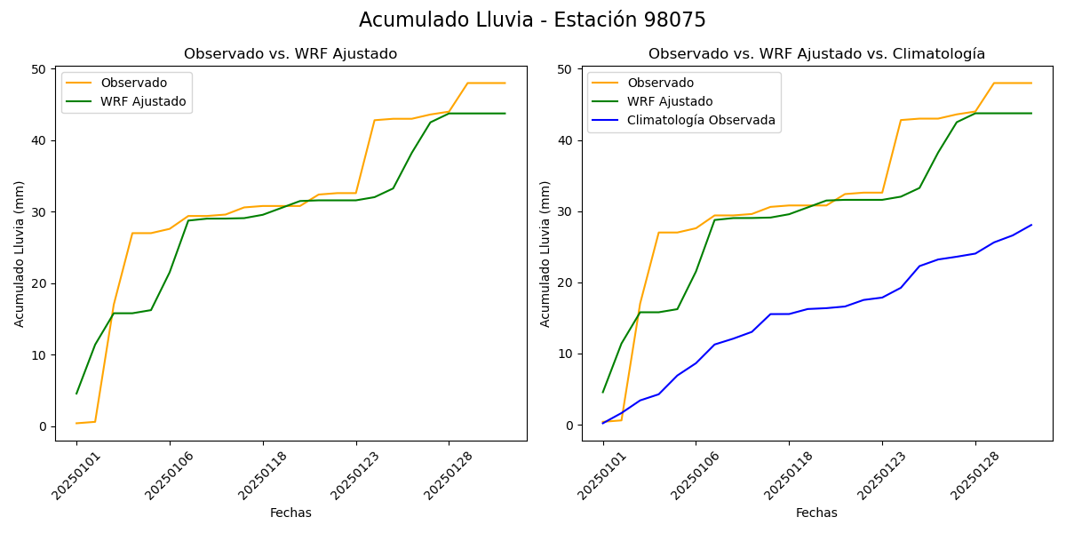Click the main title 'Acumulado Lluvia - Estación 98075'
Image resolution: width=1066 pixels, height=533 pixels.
coord(532,20)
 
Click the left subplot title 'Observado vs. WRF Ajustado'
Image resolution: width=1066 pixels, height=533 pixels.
coord(290,54)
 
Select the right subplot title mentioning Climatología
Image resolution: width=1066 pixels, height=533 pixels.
coord(816,54)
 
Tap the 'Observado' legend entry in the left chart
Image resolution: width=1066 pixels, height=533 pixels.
coord(133,84)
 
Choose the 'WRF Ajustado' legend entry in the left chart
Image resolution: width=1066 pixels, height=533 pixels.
coord(143,102)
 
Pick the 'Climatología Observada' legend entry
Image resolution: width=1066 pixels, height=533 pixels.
coord(701,120)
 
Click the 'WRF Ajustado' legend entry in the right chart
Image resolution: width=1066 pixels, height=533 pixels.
coord(670,102)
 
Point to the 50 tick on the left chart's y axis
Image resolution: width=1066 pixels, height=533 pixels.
coord(39,69)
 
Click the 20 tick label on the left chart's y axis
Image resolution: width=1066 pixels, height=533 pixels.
coord(39,283)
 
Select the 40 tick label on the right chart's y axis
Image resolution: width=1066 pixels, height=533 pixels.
coord(566,140)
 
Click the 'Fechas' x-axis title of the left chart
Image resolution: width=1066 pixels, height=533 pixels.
coord(290,513)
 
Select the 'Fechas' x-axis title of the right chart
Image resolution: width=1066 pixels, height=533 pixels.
coord(816,513)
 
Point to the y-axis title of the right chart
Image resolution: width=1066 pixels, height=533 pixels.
coord(546,254)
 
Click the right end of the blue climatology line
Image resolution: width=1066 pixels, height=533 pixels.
coord(1031,225)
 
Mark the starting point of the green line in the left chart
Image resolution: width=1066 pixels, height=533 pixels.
coord(76,394)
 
